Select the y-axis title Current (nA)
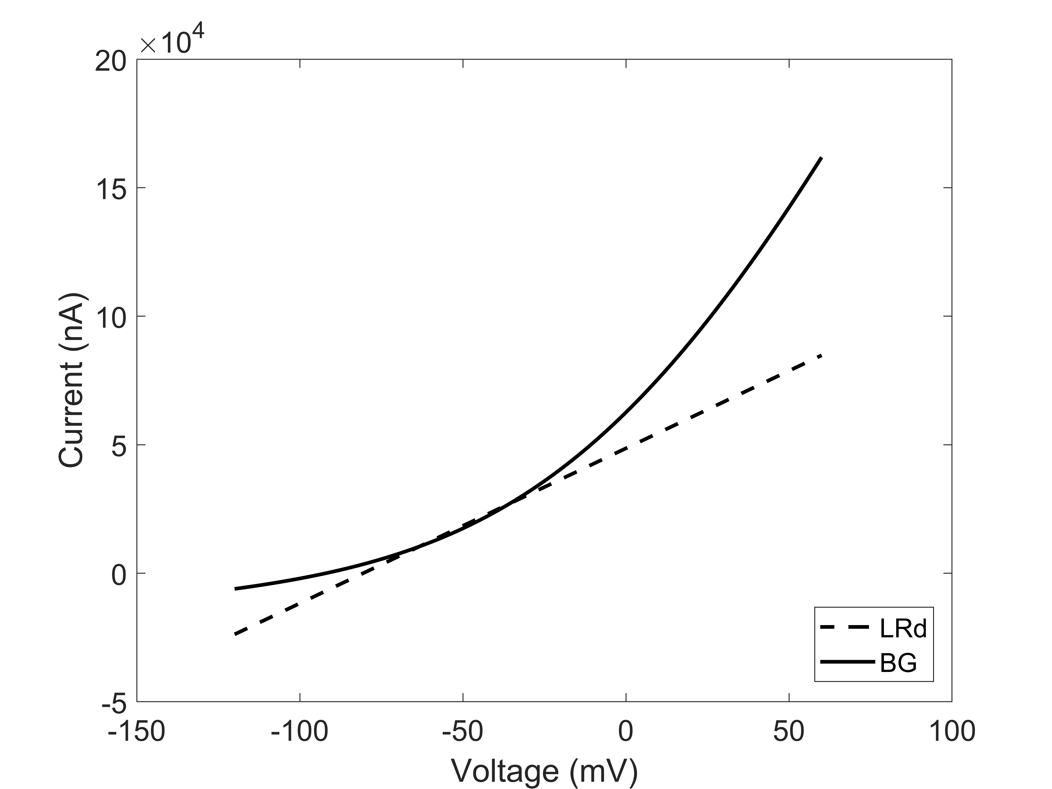point(71,380)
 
